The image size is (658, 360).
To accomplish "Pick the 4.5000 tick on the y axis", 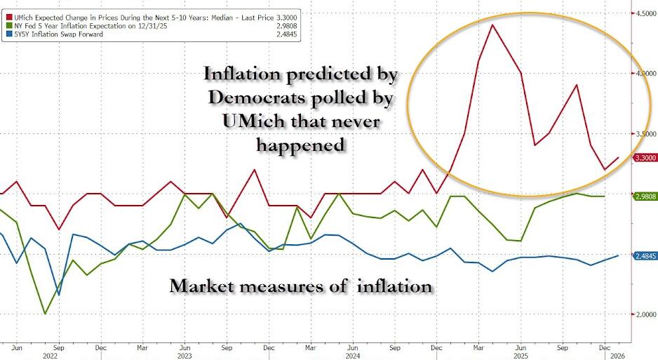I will click(645, 13).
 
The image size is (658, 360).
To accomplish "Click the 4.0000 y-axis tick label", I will click(645, 73).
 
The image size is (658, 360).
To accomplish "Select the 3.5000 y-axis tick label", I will click(645, 133).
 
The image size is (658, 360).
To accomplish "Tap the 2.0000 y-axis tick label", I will click(645, 314).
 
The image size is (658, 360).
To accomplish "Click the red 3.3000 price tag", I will click(645, 158).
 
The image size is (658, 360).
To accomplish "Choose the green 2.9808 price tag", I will click(645, 196).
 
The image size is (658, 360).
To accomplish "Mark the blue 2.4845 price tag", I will click(645, 256).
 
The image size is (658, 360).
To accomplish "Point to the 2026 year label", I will click(612, 354).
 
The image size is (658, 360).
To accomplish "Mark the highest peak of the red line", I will click(492, 25).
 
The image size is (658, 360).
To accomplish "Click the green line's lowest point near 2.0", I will click(46, 314).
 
